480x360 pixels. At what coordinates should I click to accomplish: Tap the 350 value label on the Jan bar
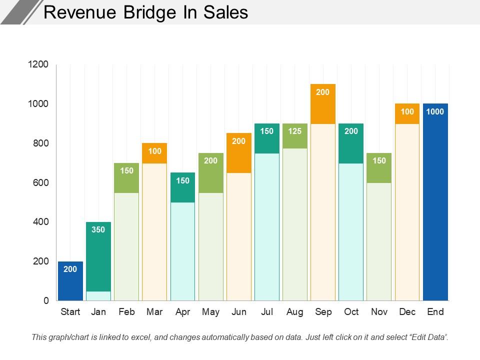[x=98, y=230]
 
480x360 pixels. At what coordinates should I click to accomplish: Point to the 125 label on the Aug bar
[x=295, y=131]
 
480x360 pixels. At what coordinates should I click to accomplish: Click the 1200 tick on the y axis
[x=39, y=64]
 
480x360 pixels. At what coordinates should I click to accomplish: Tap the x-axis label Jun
[x=239, y=312]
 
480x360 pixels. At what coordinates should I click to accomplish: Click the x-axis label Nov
[x=379, y=312]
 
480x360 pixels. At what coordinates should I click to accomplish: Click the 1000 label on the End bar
[x=435, y=111]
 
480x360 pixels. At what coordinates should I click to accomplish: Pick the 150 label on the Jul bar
[x=267, y=131]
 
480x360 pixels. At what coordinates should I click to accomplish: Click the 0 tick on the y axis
[x=46, y=301]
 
